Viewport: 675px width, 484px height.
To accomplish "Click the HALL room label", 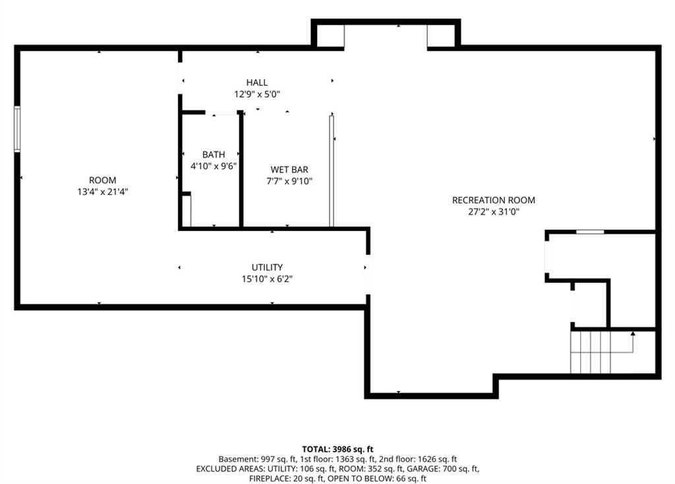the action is pos(257,83).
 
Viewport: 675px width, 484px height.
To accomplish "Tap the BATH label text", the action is pos(214,155).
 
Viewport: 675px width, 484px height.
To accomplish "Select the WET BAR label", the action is pos(289,170).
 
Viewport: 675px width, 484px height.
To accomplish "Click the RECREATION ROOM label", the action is pos(493,200).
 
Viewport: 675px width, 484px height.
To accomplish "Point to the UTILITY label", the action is pos(267,267).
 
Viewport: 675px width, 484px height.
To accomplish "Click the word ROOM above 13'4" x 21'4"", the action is pos(102,180).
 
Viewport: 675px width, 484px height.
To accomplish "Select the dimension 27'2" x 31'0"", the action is pos(494,212).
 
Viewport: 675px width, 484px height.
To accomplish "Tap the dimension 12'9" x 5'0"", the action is pos(257,94).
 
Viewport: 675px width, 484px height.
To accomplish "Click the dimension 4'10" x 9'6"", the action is pos(214,166).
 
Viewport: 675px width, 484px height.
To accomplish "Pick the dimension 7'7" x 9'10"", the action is pos(289,181).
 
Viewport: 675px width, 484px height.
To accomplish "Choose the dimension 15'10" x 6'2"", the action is pos(267,279).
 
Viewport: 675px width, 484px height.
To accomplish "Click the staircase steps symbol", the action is pos(591,352).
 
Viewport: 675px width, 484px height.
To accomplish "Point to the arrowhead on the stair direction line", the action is pos(632,333).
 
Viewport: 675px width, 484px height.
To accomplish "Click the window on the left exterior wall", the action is pos(17,129).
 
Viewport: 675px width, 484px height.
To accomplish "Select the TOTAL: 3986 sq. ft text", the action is pos(337,449).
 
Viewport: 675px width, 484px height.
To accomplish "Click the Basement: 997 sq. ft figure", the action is pos(257,460).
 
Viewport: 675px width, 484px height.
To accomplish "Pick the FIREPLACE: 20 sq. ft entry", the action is pos(286,479).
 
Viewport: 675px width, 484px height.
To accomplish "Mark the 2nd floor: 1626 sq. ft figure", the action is pos(418,460).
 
